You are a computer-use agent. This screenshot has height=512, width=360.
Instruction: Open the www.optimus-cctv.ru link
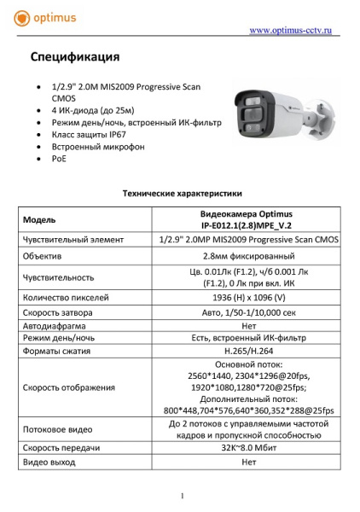(290, 31)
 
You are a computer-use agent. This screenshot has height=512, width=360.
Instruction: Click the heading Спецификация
(75, 58)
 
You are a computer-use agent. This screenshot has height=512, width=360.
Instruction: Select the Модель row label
(39, 219)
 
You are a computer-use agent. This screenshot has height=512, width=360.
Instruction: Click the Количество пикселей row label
(66, 298)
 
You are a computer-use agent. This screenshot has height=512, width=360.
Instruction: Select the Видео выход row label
(52, 463)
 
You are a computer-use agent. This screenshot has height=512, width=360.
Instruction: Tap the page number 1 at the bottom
(182, 496)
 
